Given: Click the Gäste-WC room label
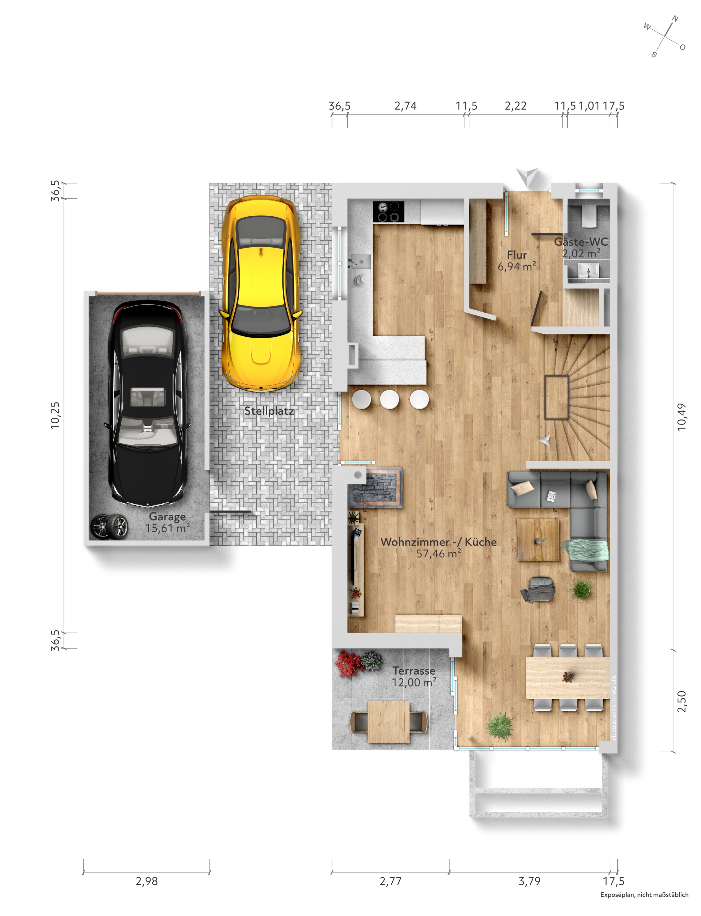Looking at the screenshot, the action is (581, 242).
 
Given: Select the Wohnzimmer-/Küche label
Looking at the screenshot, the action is (438, 542).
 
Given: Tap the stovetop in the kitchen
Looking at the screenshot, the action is (388, 211).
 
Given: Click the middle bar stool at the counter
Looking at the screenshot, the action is (389, 399).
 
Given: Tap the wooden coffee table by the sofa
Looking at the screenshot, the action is (538, 540).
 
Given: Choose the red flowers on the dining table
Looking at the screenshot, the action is (568, 677).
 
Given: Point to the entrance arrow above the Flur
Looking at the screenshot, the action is (527, 176).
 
